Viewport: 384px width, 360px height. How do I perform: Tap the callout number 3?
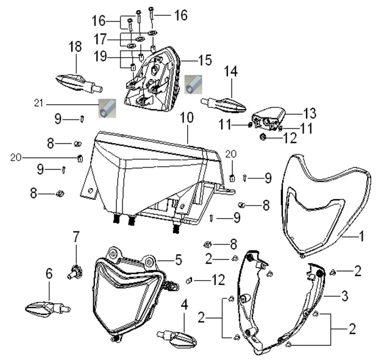coord(344,297)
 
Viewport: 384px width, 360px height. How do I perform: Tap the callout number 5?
coord(178,259)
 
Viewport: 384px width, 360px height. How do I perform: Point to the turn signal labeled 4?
coord(174,334)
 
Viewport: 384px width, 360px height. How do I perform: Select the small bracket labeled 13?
coord(269,115)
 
